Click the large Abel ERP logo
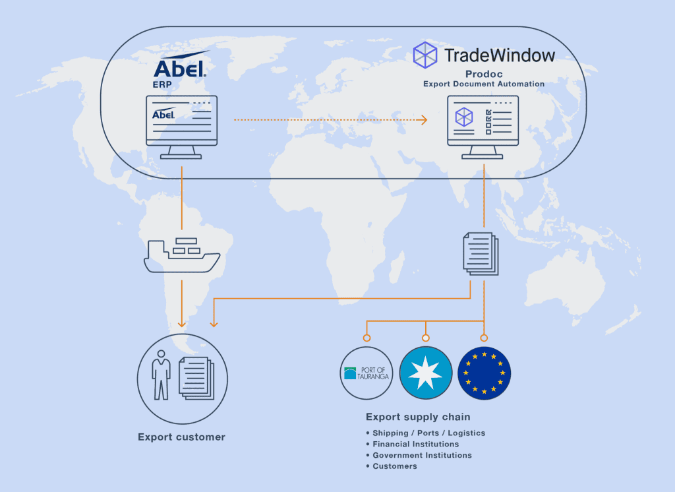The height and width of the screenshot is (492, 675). click(x=181, y=69)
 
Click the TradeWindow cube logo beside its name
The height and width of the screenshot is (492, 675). click(x=425, y=55)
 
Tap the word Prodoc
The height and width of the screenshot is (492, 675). click(x=484, y=74)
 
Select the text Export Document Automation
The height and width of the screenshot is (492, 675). click(x=484, y=84)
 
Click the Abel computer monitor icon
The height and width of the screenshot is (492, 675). click(x=182, y=127)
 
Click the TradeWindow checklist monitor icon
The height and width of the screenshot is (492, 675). click(x=483, y=127)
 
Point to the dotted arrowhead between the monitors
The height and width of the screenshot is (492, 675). click(x=424, y=120)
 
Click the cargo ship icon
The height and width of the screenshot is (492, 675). click(x=182, y=255)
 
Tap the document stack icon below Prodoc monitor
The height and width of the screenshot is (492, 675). click(x=481, y=254)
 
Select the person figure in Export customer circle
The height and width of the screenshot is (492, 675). click(x=161, y=375)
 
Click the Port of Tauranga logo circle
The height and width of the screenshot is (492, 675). click(x=367, y=373)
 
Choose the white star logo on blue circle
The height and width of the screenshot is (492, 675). click(x=426, y=373)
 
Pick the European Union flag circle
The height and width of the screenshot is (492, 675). click(x=484, y=373)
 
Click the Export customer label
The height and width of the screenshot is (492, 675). click(x=182, y=437)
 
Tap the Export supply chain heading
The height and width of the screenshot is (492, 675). click(x=418, y=417)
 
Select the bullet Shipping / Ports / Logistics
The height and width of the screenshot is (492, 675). click(x=426, y=433)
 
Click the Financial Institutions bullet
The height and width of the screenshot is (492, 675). click(x=413, y=444)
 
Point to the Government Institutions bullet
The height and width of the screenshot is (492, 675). click(x=419, y=455)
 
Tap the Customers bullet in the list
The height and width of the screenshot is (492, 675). click(x=392, y=466)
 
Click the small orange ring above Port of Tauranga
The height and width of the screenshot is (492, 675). click(x=367, y=338)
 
